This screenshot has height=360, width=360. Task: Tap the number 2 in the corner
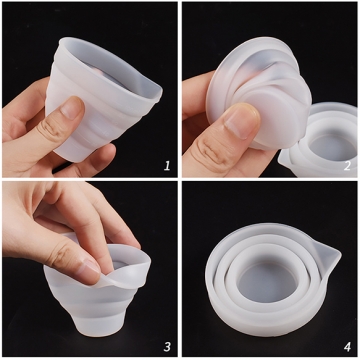pyautogui.click(x=347, y=164)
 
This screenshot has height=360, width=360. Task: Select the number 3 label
pyautogui.click(x=166, y=345)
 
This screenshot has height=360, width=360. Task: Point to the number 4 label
pyautogui.click(x=347, y=345)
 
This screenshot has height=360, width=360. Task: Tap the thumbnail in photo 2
pyautogui.click(x=241, y=120)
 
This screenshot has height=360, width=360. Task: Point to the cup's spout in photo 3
pyautogui.click(x=142, y=262)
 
